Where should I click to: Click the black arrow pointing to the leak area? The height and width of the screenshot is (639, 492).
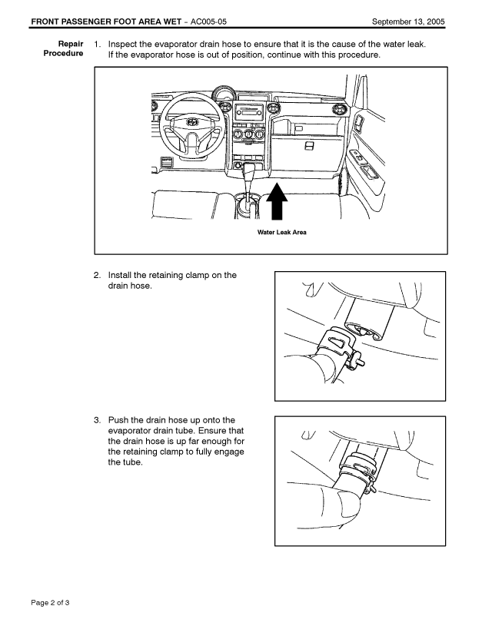point(278,204)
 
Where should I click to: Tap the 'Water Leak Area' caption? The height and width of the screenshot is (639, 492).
point(281,232)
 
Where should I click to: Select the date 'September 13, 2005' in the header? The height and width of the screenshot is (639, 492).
point(407,20)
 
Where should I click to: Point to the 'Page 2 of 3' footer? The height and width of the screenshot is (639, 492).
point(51,601)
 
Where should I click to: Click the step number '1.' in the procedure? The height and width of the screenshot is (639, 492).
point(98,45)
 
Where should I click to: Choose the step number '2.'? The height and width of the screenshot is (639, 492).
point(98,275)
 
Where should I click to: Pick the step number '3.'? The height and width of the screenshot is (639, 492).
point(98,420)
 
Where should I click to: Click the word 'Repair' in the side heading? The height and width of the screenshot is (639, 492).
point(71,45)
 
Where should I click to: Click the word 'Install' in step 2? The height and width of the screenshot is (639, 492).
point(121,275)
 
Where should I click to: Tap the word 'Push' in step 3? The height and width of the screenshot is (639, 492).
point(119,420)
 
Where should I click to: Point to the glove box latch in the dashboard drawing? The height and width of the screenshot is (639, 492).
point(309,145)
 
